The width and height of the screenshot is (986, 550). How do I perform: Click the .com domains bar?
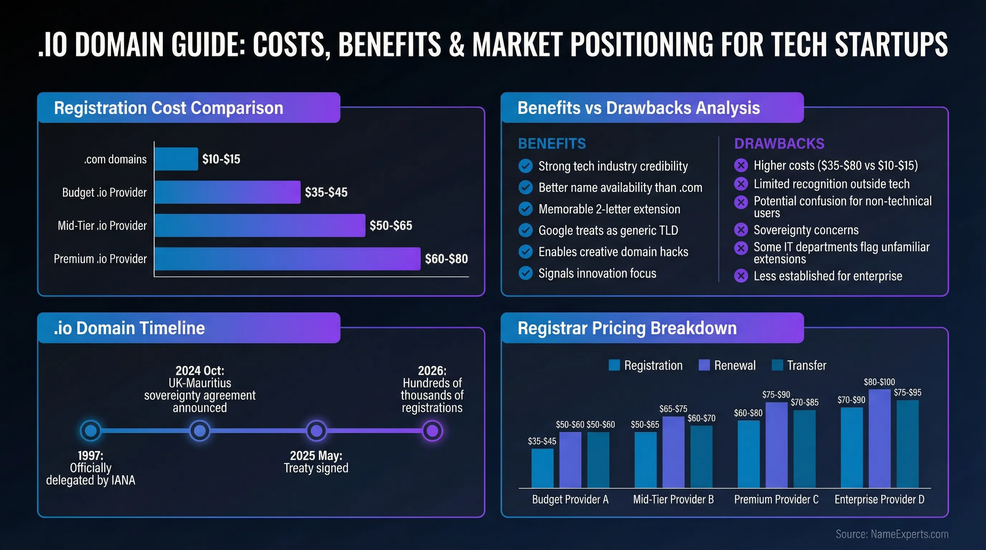coord(176,159)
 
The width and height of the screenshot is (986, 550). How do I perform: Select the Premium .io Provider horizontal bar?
coord(287,259)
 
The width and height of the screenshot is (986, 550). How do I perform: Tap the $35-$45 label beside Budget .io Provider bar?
coord(326,192)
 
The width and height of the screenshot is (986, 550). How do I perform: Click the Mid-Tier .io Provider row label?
coord(102,226)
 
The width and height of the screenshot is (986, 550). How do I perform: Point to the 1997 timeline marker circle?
coord(91,431)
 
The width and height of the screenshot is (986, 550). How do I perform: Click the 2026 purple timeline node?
coord(432,431)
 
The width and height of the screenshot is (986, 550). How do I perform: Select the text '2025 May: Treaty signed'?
coord(316,462)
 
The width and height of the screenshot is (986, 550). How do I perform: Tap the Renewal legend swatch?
coord(704,365)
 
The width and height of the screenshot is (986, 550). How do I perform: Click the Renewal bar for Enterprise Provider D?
coord(879,438)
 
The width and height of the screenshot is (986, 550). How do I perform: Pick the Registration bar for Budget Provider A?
coord(542,468)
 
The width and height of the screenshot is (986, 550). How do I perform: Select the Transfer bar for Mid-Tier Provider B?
coord(701,456)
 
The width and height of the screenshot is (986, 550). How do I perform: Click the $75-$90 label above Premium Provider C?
coord(776,394)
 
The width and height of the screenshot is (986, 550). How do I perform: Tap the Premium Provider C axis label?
coord(776,499)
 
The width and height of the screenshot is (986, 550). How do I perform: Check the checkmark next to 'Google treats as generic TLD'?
coord(526,230)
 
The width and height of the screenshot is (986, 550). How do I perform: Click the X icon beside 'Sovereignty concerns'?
coord(741,230)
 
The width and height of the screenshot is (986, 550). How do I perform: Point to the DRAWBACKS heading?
coord(779,144)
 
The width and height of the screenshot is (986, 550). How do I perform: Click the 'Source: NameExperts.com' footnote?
coord(891,534)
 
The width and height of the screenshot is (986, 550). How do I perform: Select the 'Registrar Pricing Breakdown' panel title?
coord(627,328)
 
